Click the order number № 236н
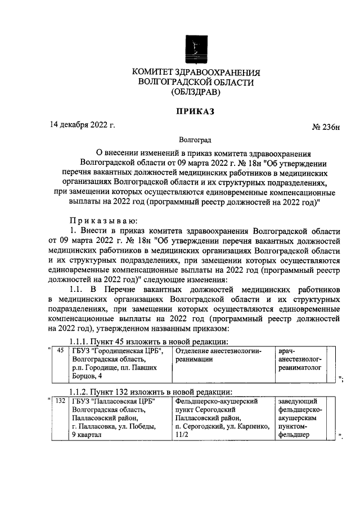326,128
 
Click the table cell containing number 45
61,351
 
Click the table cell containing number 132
60,402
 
